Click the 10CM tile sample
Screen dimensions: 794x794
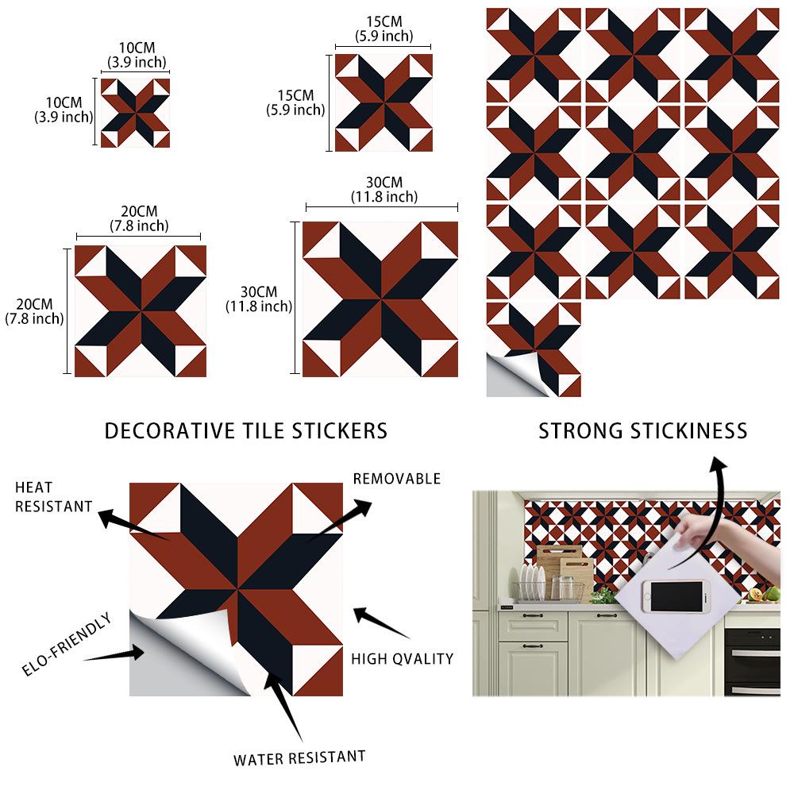click(135, 113)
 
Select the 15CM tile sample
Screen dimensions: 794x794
click(384, 102)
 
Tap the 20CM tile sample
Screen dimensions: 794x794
click(141, 311)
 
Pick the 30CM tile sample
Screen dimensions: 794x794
click(380, 299)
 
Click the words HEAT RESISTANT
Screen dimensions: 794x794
click(54, 497)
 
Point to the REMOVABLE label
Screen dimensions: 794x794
click(397, 479)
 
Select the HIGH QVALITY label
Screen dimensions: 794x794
click(403, 659)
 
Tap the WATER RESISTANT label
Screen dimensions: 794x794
click(299, 758)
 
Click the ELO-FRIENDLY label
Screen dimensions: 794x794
click(67, 644)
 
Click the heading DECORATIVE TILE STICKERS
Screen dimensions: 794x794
click(246, 431)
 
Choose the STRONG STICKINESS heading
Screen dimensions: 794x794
click(642, 431)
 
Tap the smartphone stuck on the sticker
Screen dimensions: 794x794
click(676, 596)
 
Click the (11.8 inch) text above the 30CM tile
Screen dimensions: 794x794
click(384, 197)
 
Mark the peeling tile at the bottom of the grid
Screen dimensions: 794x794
click(534, 349)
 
